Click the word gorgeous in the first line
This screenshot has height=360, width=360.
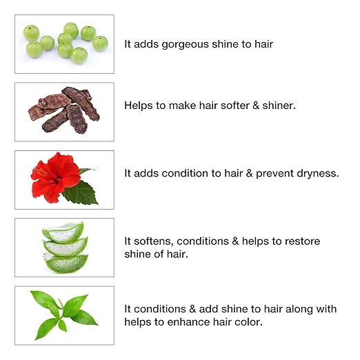[x=186, y=45]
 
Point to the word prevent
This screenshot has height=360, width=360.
[x=274, y=174]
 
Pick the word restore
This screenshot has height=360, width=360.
[x=302, y=241]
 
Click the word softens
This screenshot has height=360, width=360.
[x=155, y=241]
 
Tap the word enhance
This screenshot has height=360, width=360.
[x=188, y=322]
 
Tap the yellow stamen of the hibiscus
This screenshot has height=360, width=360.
[x=40, y=172]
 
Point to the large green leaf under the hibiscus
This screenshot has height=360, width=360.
[x=80, y=192]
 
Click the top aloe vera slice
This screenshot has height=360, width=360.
[x=63, y=232]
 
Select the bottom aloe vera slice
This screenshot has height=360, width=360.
[x=66, y=263]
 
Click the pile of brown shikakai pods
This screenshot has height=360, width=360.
[x=64, y=110]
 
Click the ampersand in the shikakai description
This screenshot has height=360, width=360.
[x=256, y=106]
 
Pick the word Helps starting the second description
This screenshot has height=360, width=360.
[x=139, y=106]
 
